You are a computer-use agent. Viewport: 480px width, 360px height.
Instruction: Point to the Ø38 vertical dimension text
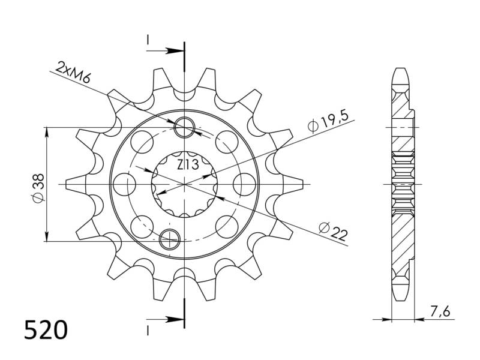[38, 188]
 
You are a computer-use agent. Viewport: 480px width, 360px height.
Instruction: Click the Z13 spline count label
[188, 164]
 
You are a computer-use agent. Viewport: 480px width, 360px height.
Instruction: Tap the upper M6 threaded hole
[184, 127]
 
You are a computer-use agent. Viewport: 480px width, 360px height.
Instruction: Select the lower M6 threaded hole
[170, 238]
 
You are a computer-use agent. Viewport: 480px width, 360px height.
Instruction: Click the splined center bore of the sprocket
[184, 184]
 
